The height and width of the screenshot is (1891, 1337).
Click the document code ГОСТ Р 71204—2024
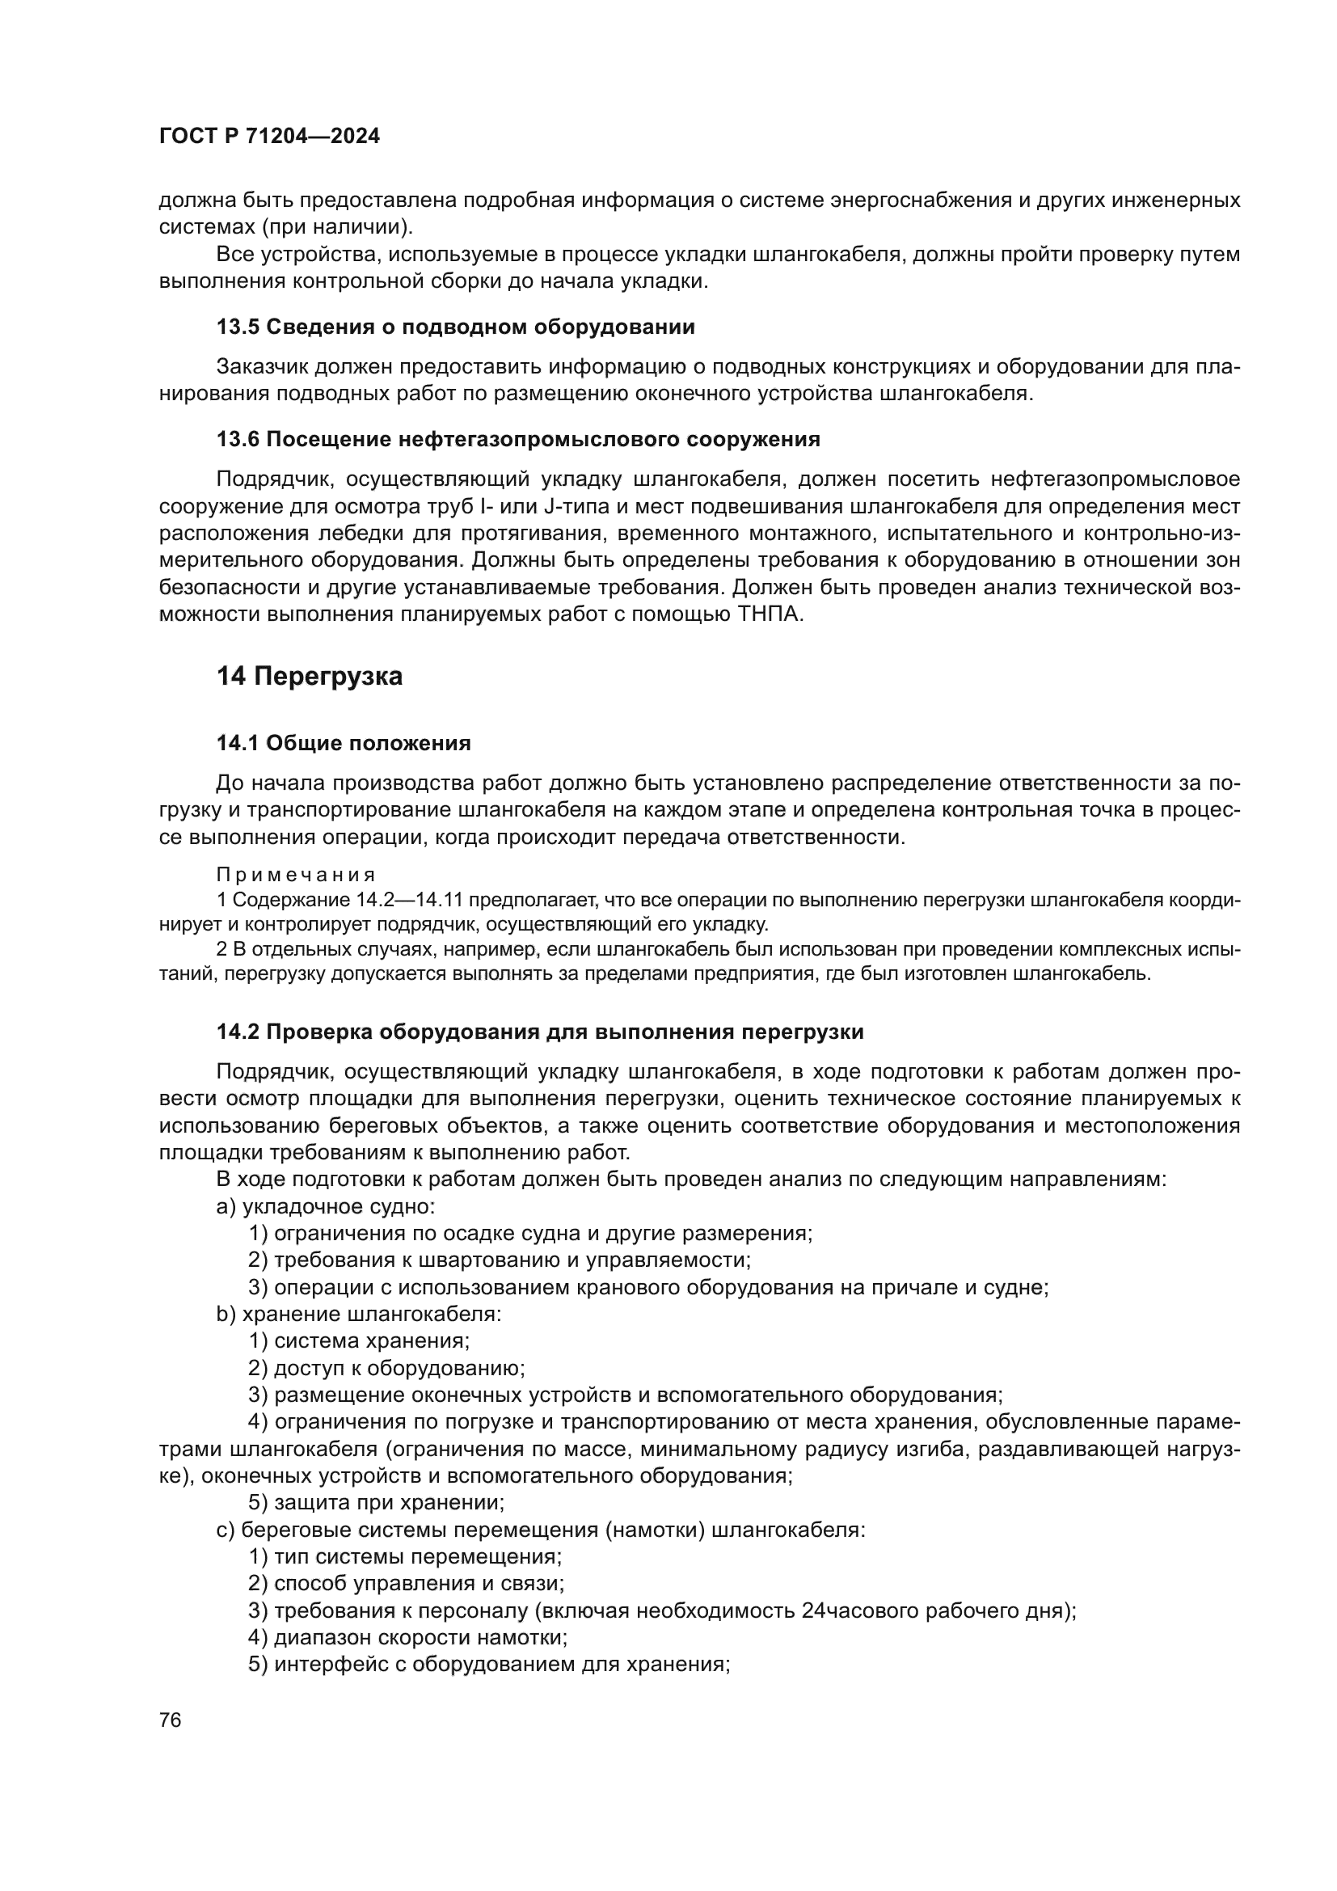(x=269, y=137)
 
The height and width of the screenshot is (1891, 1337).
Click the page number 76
(x=171, y=1720)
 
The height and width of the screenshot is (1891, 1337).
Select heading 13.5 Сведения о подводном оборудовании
(x=455, y=327)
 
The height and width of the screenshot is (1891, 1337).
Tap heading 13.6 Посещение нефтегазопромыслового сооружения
(x=518, y=439)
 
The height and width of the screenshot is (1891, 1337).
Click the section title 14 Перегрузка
(x=310, y=676)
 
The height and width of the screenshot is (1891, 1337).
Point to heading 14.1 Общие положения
(x=344, y=743)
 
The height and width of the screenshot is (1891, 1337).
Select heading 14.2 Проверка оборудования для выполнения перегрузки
(x=539, y=1031)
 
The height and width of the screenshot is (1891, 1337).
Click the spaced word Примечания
(x=296, y=874)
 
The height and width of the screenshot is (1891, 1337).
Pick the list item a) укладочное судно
(x=325, y=1206)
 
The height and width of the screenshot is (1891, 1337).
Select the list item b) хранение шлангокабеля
(x=358, y=1314)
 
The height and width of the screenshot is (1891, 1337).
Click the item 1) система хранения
(x=359, y=1340)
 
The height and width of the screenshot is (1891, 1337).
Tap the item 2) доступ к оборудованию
(x=386, y=1368)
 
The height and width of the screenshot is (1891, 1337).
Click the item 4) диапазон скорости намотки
(x=407, y=1636)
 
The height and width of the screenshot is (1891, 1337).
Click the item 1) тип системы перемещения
(x=404, y=1556)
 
